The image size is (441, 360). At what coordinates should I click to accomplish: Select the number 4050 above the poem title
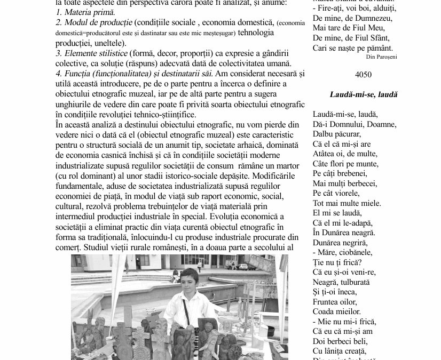click(363, 75)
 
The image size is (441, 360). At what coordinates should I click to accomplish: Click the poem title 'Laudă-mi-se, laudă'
click(364, 95)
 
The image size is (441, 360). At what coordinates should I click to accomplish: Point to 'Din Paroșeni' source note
click(381, 57)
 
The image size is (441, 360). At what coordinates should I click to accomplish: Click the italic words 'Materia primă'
click(89, 12)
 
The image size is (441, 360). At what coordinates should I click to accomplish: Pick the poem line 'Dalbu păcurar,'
click(337, 134)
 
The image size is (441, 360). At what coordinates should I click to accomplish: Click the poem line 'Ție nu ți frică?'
click(337, 262)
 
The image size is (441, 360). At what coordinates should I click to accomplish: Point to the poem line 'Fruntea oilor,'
click(334, 302)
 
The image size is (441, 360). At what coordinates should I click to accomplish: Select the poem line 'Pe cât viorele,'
click(336, 193)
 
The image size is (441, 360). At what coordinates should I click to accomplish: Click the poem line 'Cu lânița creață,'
click(340, 351)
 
